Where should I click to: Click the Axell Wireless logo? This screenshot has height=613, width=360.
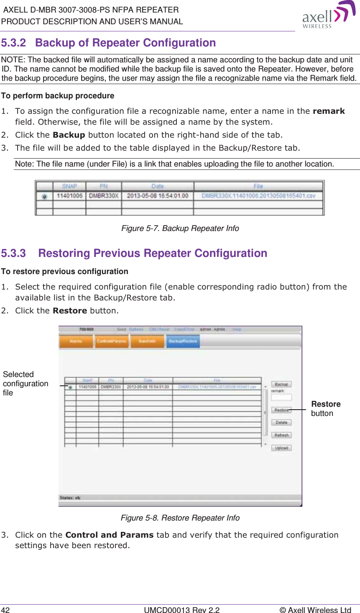click(328, 15)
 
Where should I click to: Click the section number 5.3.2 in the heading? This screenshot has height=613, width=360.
click(13, 43)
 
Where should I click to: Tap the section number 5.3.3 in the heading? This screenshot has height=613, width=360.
click(13, 254)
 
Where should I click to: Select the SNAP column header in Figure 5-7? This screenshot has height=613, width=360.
click(69, 186)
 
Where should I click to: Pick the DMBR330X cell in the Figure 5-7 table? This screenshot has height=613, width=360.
click(103, 196)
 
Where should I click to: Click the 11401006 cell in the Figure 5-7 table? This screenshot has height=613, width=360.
click(69, 196)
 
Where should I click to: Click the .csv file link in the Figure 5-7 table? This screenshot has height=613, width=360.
click(258, 196)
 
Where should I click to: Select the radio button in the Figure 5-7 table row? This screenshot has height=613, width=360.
click(44, 196)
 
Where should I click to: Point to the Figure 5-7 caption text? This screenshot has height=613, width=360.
click(180, 228)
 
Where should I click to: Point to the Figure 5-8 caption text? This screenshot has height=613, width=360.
click(180, 518)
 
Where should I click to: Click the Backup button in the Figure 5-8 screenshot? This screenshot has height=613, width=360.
click(281, 384)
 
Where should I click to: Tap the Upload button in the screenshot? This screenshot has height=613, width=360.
click(281, 448)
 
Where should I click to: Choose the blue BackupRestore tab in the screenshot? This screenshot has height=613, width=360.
click(183, 341)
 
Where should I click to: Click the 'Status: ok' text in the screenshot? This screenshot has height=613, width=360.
click(70, 498)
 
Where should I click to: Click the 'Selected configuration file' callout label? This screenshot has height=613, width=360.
click(26, 384)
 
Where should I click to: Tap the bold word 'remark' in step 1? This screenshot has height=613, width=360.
click(329, 111)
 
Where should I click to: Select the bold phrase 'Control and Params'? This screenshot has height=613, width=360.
click(110, 535)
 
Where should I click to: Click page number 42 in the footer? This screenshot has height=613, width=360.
click(5, 610)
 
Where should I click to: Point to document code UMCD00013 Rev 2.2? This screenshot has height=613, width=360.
click(181, 610)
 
